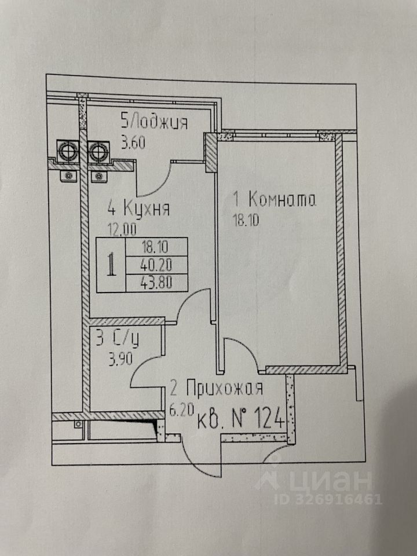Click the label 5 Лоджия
coord(153,122)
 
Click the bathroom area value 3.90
coord(119,357)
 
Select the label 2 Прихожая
coord(217,387)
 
